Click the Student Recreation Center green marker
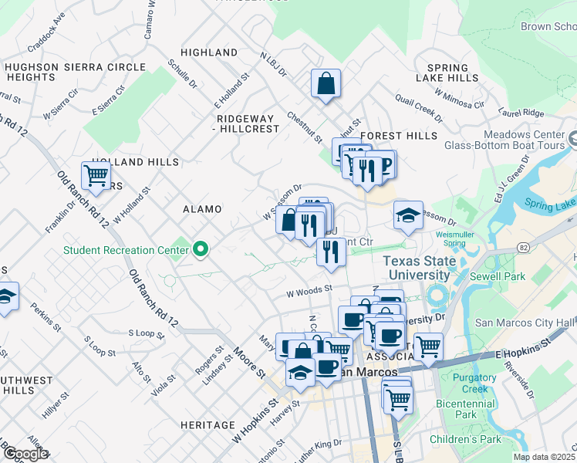(201, 248)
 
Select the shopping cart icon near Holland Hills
(96, 175)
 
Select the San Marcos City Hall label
(525, 323)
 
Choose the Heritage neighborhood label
(208, 425)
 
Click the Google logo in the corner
(25, 454)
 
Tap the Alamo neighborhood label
(201, 209)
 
